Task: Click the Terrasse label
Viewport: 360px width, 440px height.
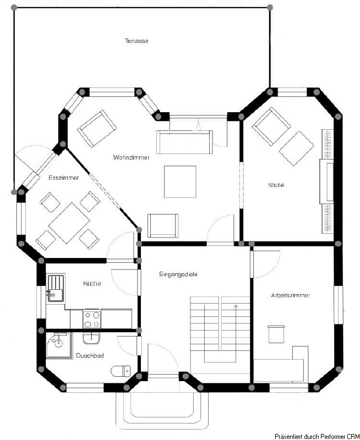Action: (x=137, y=41)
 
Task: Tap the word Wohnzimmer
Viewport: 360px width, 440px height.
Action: (x=131, y=157)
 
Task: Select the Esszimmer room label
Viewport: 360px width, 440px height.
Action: (x=63, y=178)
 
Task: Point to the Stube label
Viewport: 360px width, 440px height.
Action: (x=276, y=185)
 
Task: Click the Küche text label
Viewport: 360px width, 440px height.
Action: (x=91, y=284)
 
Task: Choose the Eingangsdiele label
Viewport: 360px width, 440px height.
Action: (x=178, y=274)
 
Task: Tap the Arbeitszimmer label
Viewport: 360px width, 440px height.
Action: (x=290, y=295)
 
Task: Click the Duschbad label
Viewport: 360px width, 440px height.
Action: (x=90, y=356)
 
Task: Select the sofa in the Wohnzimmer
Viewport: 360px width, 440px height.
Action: (x=184, y=142)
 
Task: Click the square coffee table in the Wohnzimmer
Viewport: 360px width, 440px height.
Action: (x=179, y=182)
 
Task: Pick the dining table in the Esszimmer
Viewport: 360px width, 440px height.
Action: (x=69, y=223)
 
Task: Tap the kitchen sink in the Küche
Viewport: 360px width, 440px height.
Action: (x=55, y=289)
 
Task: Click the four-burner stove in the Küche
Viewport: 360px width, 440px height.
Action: (x=91, y=318)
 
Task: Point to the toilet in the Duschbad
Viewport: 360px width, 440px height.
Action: (x=121, y=371)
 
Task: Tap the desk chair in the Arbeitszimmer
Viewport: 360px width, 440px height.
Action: (x=275, y=333)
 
